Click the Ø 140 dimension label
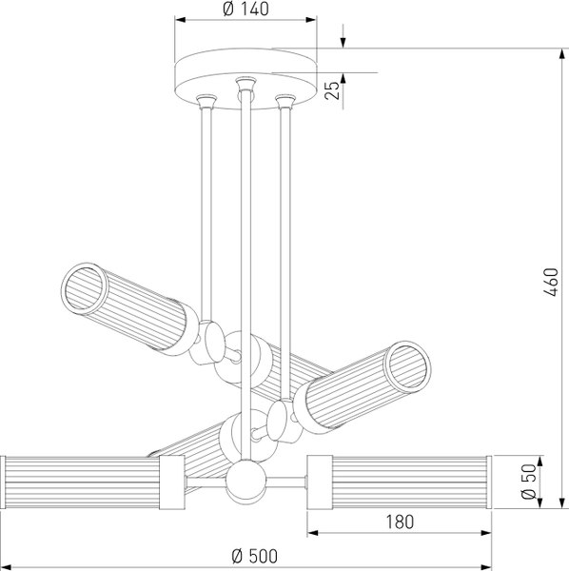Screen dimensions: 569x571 245,9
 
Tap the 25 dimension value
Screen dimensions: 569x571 332,90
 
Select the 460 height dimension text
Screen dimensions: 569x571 550,283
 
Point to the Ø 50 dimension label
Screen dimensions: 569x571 529,482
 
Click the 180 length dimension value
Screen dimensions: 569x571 400,522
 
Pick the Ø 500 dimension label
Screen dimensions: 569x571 254,556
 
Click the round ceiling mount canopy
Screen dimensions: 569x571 245,78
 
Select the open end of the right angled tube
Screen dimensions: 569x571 408,366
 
